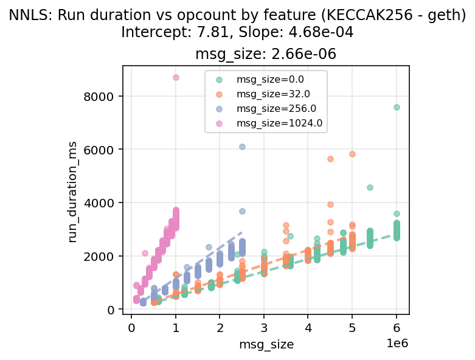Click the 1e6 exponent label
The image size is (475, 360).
pyautogui.click(x=397, y=343)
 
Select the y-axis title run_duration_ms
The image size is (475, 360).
pyautogui.click(x=73, y=190)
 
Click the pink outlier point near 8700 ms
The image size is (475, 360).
pyautogui.click(x=176, y=77)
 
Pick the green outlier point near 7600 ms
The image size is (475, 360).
pyautogui.click(x=397, y=107)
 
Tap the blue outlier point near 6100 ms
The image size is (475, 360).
pyautogui.click(x=242, y=147)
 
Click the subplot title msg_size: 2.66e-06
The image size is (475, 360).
pyautogui.click(x=265, y=54)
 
